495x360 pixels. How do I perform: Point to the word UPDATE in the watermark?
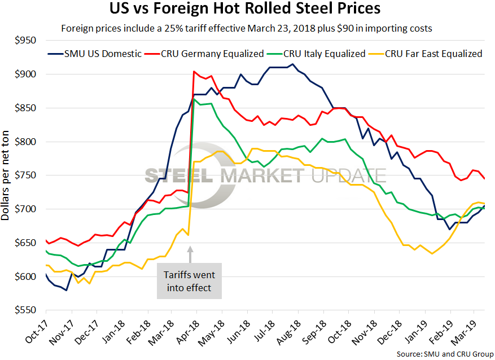349,175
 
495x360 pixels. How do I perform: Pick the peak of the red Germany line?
194,72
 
